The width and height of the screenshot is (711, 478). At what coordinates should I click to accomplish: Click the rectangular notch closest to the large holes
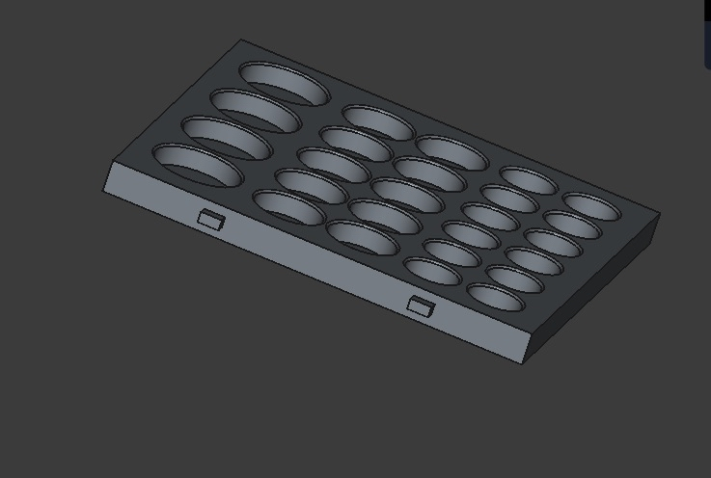[211, 219]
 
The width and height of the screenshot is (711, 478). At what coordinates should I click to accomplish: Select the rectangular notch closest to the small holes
[421, 306]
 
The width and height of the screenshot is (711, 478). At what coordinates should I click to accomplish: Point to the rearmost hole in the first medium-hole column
[378, 122]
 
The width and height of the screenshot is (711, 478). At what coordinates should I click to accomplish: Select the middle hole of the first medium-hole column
[333, 165]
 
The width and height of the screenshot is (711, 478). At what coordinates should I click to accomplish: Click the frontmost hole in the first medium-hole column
[288, 206]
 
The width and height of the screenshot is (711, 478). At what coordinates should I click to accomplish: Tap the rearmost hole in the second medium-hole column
[451, 152]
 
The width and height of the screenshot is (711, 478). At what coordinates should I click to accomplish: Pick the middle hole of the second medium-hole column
[407, 194]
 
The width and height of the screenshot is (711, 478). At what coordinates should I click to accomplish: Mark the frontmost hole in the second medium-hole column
[362, 237]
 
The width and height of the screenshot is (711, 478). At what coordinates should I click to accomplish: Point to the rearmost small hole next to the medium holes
[528, 180]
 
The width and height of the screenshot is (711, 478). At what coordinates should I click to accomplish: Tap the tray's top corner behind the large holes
[241, 40]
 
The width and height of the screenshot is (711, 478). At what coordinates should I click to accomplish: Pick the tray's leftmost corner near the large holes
[104, 178]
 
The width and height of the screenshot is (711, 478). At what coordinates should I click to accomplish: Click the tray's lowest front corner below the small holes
[523, 362]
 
